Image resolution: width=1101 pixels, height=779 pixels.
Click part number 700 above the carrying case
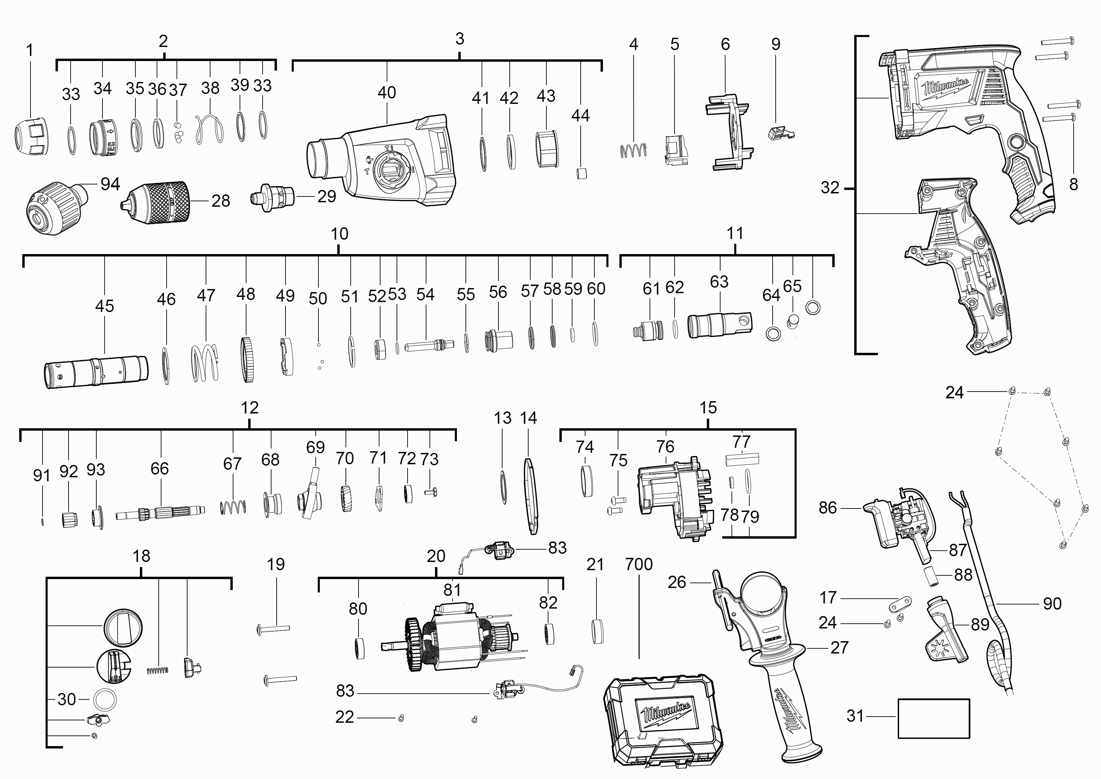tap(639, 564)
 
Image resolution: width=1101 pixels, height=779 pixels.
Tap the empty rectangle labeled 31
tap(933, 718)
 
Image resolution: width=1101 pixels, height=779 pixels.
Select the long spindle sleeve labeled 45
tap(96, 371)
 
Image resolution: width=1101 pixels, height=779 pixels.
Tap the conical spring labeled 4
tap(633, 151)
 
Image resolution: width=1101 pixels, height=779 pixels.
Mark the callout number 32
tap(830, 188)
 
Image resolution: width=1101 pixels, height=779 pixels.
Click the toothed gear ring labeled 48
tap(247, 360)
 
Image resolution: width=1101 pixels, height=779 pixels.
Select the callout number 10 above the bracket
tap(339, 234)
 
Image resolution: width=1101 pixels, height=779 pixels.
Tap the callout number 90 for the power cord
tap(1052, 603)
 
